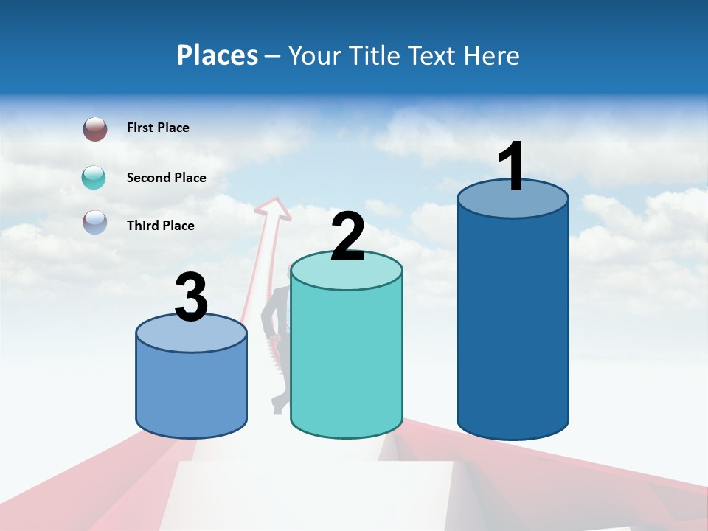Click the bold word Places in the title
pyautogui.click(x=217, y=55)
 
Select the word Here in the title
pyautogui.click(x=493, y=55)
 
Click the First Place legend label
pyautogui.click(x=158, y=128)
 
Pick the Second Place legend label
pyautogui.click(x=166, y=178)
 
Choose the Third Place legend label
pyautogui.click(x=160, y=226)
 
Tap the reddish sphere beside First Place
pyautogui.click(x=95, y=129)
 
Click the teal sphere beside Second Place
pyautogui.click(x=94, y=178)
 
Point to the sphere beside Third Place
pyautogui.click(x=95, y=222)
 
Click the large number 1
pyautogui.click(x=511, y=167)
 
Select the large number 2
pyautogui.click(x=347, y=237)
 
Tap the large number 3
pyautogui.click(x=191, y=298)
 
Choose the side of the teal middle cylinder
pyautogui.click(x=347, y=361)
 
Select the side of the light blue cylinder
pyautogui.click(x=191, y=391)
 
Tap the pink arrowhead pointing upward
pyautogui.click(x=274, y=208)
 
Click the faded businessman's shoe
pyautogui.click(x=279, y=404)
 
